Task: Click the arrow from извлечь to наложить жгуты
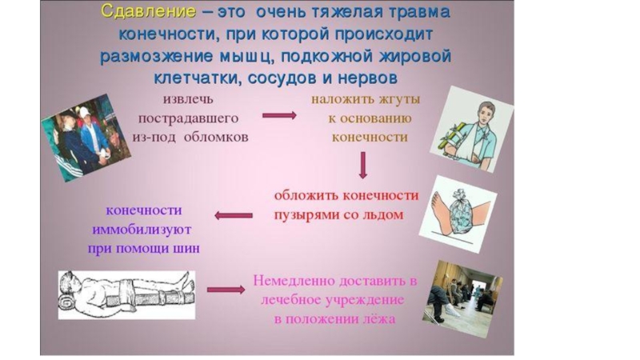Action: [x=279, y=115]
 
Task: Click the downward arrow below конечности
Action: [x=362, y=165]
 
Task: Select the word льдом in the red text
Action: [x=381, y=215]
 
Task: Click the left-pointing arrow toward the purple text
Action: [x=234, y=214]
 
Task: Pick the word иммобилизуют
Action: [x=144, y=230]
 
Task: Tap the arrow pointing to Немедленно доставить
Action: [x=225, y=290]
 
